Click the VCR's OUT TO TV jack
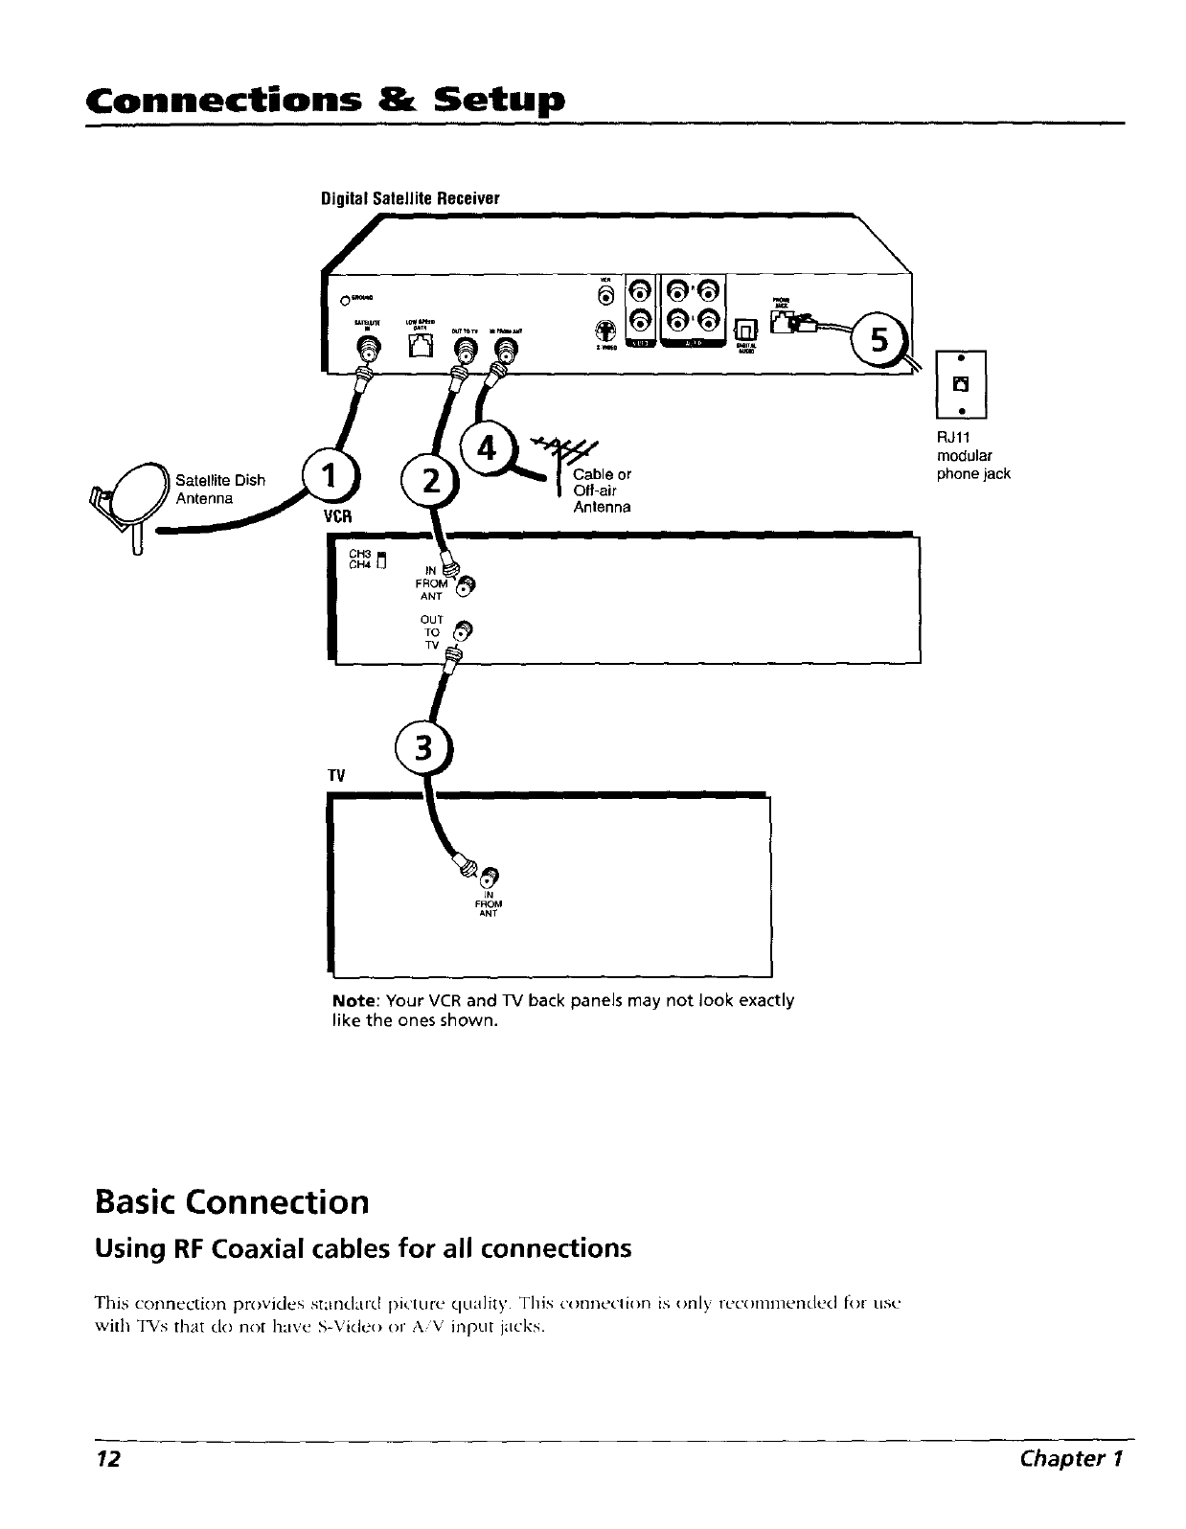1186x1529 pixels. pos(462,631)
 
